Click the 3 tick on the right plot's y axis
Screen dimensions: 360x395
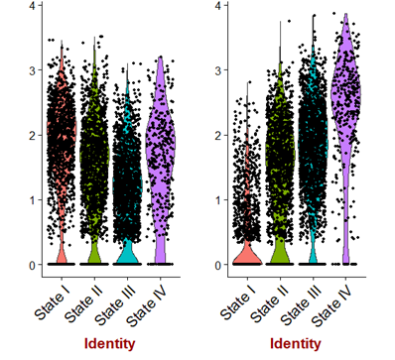(x=221, y=70)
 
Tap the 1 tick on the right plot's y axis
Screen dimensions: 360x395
(x=221, y=200)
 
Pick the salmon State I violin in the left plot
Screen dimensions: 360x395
(x=62, y=129)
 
